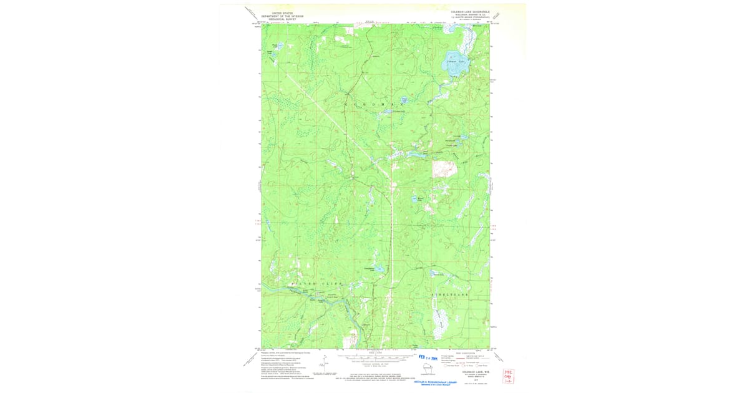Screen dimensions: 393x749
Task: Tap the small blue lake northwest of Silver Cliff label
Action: coord(269,222)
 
